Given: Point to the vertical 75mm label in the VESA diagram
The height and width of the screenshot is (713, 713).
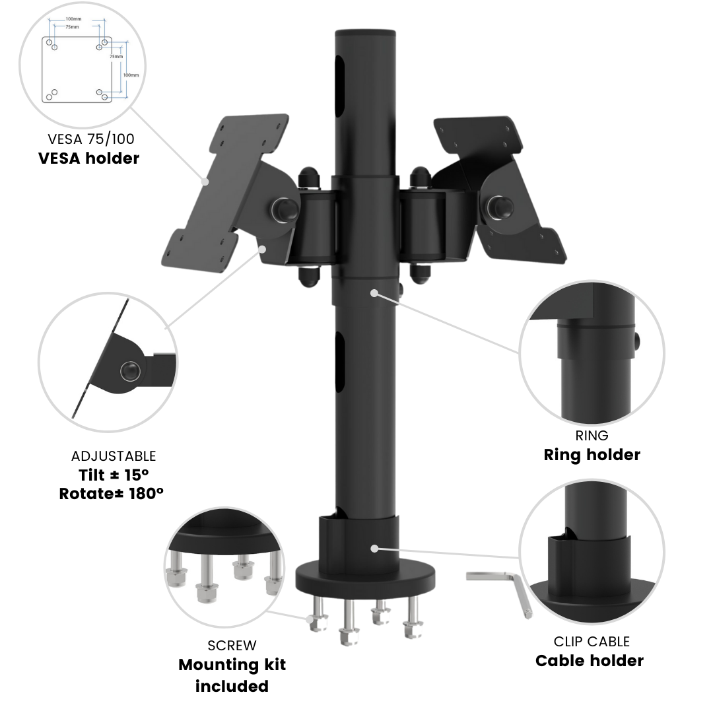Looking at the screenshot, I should coord(116,56).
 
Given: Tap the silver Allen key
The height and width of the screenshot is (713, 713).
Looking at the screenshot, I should coord(502,588).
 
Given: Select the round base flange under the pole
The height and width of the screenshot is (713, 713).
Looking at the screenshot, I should coord(367,577).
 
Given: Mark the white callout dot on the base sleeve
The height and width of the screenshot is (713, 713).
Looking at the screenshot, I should coord(374,548).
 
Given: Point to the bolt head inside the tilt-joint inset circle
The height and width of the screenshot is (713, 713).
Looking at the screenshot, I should coord(129,372).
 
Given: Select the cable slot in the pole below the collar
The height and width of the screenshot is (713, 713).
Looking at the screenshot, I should coord(341,363).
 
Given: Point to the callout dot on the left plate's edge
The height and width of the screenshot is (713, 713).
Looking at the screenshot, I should coord(205,180).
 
